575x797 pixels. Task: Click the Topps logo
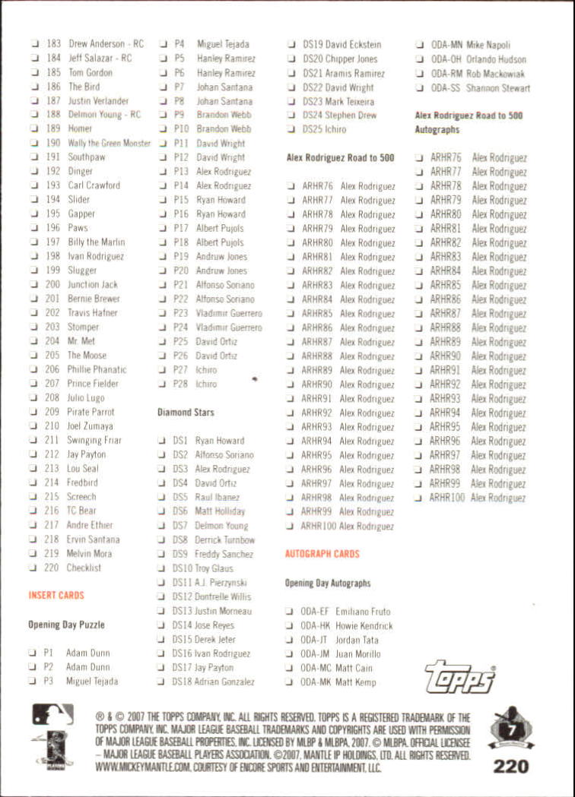tap(459, 676)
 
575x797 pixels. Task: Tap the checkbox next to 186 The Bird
tap(34, 87)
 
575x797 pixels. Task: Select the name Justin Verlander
tap(98, 101)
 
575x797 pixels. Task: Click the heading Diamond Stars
tap(186, 413)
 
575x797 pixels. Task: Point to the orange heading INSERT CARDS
tap(56, 596)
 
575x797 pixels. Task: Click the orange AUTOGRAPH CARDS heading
tap(322, 554)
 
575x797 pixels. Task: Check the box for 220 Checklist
tap(33, 568)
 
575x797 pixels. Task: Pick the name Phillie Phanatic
tap(97, 370)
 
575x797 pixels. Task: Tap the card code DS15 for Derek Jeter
tap(183, 640)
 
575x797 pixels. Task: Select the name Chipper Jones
tap(351, 59)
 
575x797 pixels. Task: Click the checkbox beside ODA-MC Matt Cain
tap(291, 668)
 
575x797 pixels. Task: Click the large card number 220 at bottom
tap(511, 765)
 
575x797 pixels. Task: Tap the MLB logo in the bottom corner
tap(52, 715)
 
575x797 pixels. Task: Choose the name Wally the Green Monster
tap(109, 143)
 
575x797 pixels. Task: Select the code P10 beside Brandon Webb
tap(181, 129)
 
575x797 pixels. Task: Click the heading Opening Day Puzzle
tap(67, 625)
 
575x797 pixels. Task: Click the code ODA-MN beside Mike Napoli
tap(446, 46)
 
